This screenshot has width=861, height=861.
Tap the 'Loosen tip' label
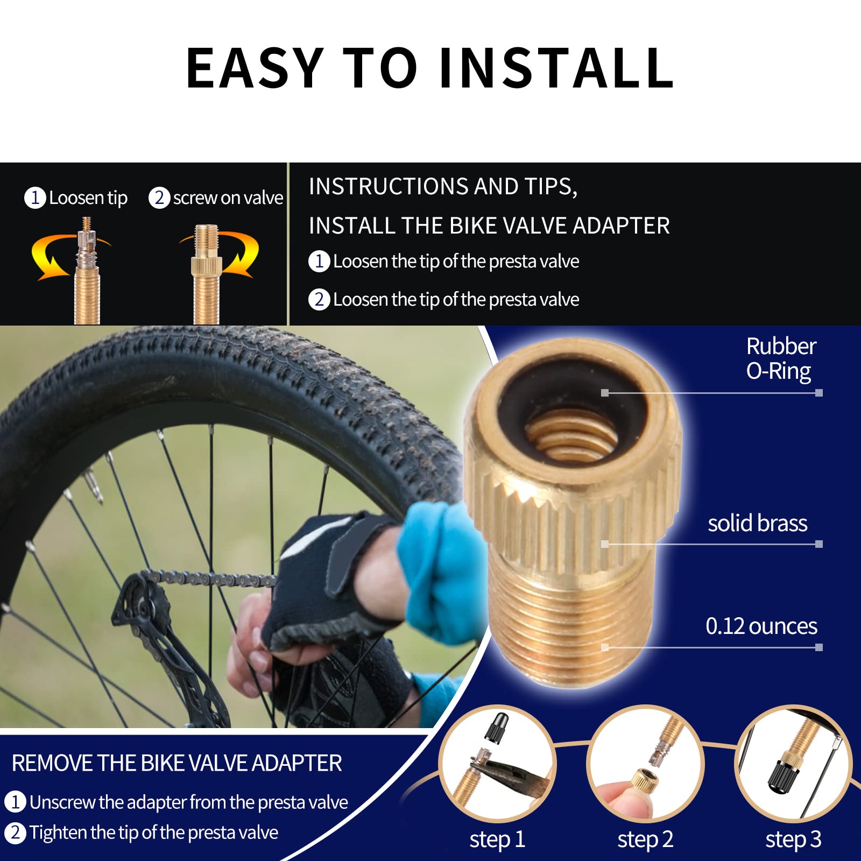[x=88, y=198]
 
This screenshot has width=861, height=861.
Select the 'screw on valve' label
[x=228, y=198]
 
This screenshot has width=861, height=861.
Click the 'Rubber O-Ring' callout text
[x=780, y=358]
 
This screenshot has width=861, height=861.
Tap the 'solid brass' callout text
[x=757, y=523]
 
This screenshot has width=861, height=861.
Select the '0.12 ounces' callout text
[x=761, y=626]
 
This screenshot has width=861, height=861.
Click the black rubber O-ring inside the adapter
[x=517, y=398]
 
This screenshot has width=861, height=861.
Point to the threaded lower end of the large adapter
[x=570, y=619]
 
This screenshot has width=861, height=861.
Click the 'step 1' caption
[x=497, y=839]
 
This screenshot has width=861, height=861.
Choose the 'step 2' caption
[x=645, y=839]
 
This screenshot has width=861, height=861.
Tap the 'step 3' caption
[x=793, y=839]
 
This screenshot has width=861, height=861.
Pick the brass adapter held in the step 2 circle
[x=643, y=780]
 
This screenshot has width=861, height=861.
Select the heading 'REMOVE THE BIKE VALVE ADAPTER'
[x=177, y=763]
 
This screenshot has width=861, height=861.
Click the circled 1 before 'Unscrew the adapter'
[x=15, y=802]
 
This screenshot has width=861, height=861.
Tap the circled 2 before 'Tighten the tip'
[x=15, y=832]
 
